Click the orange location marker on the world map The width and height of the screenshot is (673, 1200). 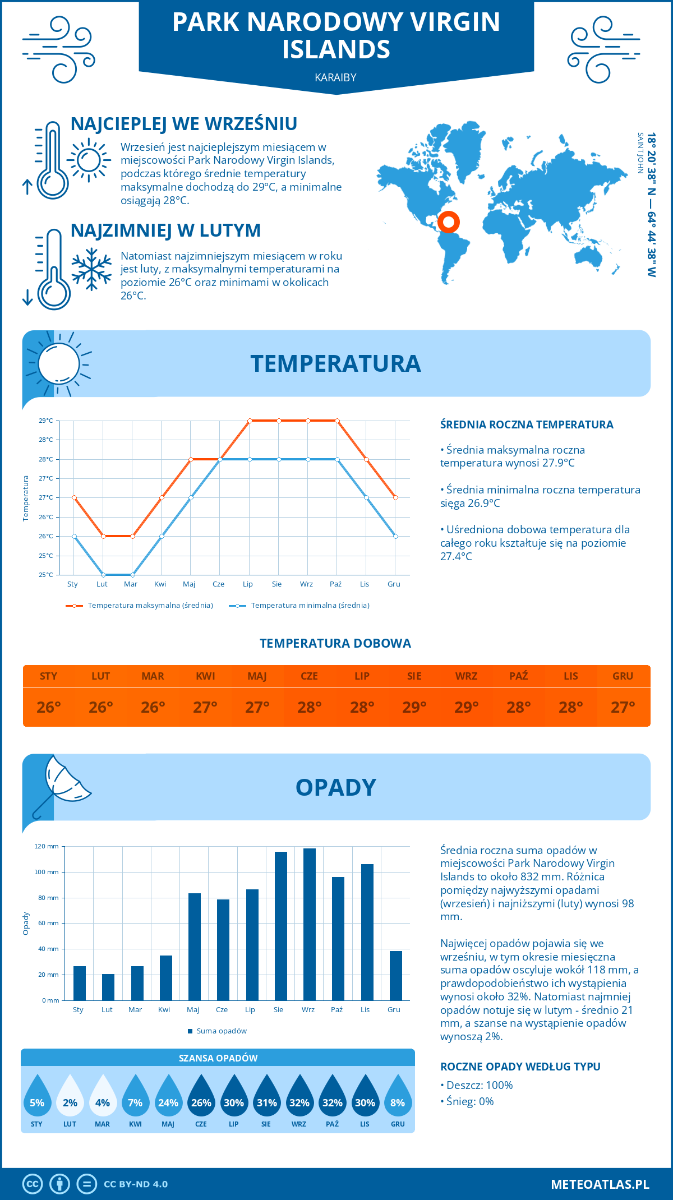tap(449, 222)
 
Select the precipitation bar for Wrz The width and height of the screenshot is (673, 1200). tap(310, 924)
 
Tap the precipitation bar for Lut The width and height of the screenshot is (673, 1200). tap(108, 987)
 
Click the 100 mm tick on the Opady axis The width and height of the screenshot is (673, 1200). tap(47, 872)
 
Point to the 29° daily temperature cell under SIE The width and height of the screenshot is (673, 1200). tap(414, 707)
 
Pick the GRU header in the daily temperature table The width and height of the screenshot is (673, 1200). tap(623, 676)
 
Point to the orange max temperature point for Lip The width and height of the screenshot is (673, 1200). tap(250, 421)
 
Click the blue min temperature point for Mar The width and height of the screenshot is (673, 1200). tap(132, 575)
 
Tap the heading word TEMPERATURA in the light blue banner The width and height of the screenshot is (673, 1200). tap(335, 363)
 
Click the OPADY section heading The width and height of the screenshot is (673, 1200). tap(335, 787)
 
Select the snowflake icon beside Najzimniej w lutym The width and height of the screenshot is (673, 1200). tap(91, 269)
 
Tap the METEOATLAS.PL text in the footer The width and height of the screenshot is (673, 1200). tap(600, 1184)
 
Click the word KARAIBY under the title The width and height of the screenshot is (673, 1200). tap(335, 78)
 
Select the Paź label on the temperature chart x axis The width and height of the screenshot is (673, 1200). tap(335, 584)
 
